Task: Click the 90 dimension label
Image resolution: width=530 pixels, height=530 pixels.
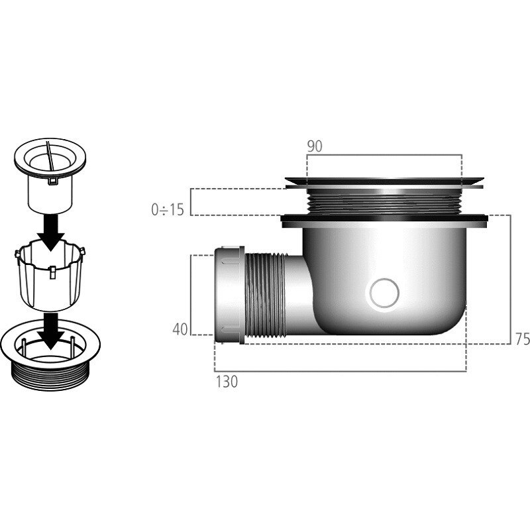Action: (x=315, y=146)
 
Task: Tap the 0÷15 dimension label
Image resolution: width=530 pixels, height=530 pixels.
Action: (x=168, y=210)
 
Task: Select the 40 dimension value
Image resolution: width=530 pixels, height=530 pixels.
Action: (x=180, y=329)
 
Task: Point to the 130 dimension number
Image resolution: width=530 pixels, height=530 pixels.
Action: (x=227, y=382)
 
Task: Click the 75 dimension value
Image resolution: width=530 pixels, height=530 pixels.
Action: (x=523, y=339)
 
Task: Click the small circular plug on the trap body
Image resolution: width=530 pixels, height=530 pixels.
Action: (x=384, y=293)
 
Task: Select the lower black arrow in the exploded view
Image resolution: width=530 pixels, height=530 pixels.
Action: (x=51, y=330)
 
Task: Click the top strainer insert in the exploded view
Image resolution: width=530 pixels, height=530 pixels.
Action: (x=50, y=175)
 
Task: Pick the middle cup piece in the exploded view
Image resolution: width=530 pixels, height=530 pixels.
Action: (x=50, y=274)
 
